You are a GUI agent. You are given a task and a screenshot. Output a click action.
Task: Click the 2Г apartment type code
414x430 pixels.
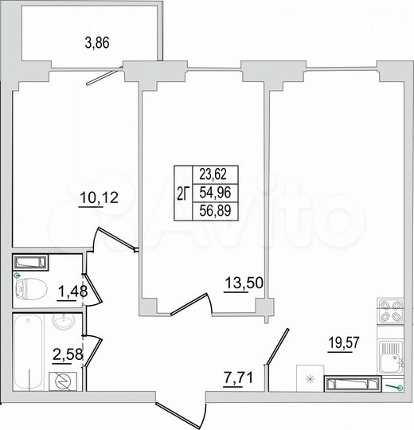point(183,193)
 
